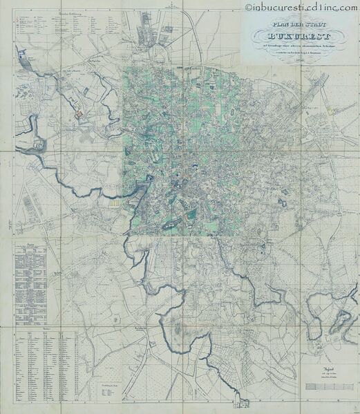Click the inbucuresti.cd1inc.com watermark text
(x=303, y=7)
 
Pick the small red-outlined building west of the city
(x=79, y=111)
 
